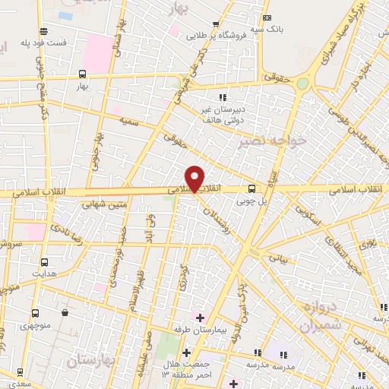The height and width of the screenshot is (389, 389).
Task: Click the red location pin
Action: pos(195,178)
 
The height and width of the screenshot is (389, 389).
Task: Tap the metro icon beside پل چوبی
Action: pos(252,189)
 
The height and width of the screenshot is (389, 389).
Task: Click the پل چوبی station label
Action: pos(252,202)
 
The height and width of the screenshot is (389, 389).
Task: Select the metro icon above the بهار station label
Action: pos(82,74)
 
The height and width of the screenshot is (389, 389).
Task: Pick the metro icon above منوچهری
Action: pos(36,312)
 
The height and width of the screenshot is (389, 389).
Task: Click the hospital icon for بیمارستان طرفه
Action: pos(200,317)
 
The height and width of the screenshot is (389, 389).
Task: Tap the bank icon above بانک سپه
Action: pos(267,18)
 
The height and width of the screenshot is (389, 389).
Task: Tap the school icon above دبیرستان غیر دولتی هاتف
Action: pos(223,97)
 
